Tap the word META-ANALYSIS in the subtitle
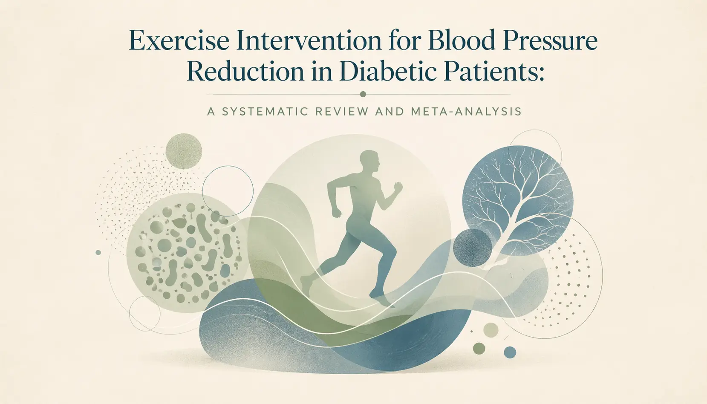pyautogui.click(x=466, y=112)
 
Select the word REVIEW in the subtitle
pyautogui.click(x=342, y=112)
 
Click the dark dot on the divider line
pyautogui.click(x=363, y=94)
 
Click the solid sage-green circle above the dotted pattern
pyautogui.click(x=184, y=151)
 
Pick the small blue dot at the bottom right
pyautogui.click(x=510, y=352)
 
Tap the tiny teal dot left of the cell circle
pyautogui.click(x=98, y=253)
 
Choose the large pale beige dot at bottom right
pyautogui.click(x=491, y=330)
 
